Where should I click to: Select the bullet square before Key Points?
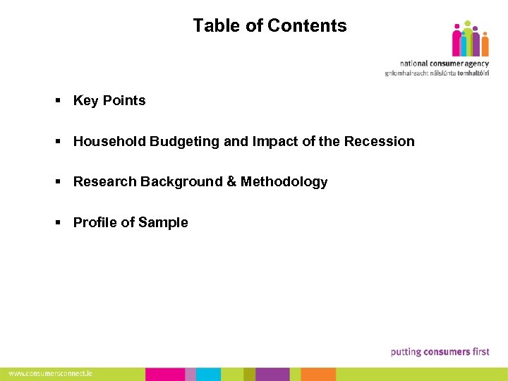click(x=59, y=101)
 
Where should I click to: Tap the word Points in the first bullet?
click(x=124, y=101)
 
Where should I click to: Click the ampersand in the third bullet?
click(x=231, y=182)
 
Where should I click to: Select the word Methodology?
click(x=284, y=182)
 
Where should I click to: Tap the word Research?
click(x=105, y=182)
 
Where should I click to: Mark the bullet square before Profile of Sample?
click(x=59, y=223)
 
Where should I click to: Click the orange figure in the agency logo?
click(x=484, y=44)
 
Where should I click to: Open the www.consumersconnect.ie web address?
click(x=50, y=374)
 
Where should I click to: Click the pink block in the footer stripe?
click(x=165, y=374)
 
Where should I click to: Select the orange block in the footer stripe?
click(x=318, y=374)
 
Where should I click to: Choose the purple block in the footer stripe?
click(x=272, y=374)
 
